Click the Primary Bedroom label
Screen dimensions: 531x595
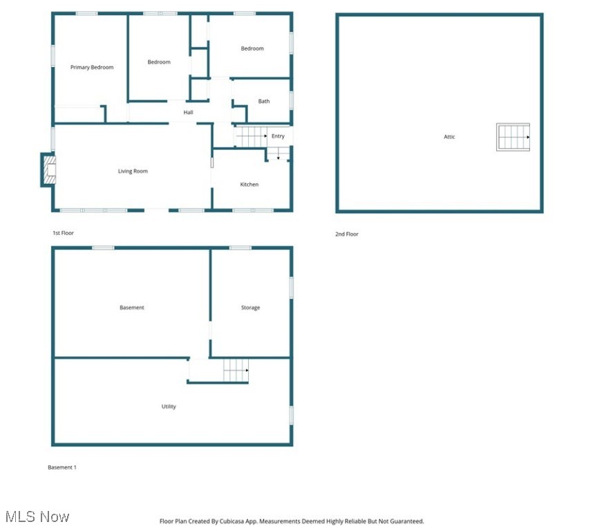coord(92,67)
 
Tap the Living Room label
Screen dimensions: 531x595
coord(133,171)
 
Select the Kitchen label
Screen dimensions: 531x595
coord(249,185)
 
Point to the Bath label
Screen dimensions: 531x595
coord(264,102)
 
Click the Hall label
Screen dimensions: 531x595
coord(188,112)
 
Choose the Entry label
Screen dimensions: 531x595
coord(278,136)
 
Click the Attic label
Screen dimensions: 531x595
coord(449,137)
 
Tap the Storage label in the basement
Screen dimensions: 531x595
coord(250,308)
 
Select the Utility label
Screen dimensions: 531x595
coord(169,407)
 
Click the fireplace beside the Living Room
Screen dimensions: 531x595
coord(48,169)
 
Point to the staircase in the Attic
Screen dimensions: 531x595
coord(513,137)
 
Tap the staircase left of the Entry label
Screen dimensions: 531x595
coord(251,136)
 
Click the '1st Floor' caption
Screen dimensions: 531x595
coord(63,233)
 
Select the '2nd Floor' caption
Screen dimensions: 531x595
coord(347,234)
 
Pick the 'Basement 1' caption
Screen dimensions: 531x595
coord(62,467)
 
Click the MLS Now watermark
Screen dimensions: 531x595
coord(37,516)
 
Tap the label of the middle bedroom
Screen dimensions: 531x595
coord(159,62)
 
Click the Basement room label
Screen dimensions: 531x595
coord(132,308)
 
